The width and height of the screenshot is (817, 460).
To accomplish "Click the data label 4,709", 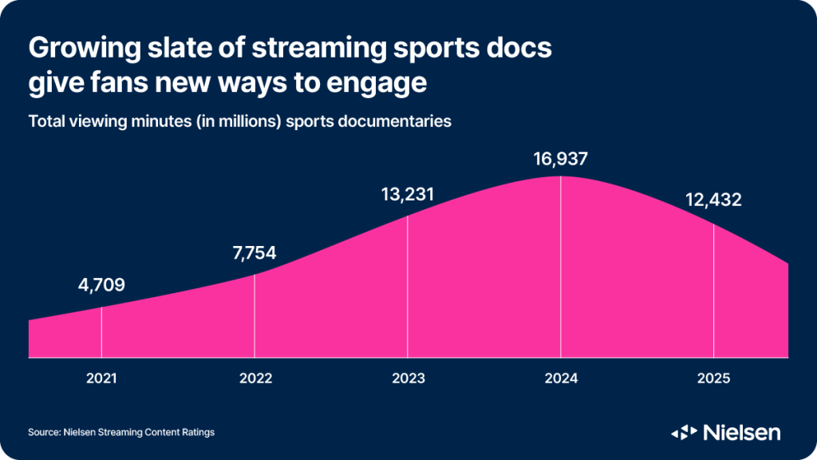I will (x=101, y=285).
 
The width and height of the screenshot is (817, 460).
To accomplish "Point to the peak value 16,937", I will (x=561, y=159).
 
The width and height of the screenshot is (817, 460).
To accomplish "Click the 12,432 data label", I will (x=713, y=200).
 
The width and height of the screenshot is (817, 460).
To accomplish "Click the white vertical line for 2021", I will (x=101, y=331).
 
